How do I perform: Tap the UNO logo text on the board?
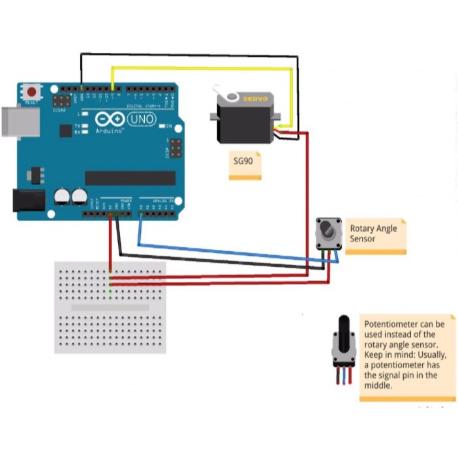tap(141, 119)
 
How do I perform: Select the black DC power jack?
tap(28, 200)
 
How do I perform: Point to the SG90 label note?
tap(245, 165)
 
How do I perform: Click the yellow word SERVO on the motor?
tap(255, 99)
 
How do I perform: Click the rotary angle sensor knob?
tap(326, 230)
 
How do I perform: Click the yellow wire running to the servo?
tap(202, 67)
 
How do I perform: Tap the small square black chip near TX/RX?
tap(65, 130)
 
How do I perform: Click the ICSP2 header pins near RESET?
tap(62, 101)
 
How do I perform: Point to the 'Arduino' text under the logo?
tap(109, 131)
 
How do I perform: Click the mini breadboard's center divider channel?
tap(110, 307)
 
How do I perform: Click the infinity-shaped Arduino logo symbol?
tap(109, 119)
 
